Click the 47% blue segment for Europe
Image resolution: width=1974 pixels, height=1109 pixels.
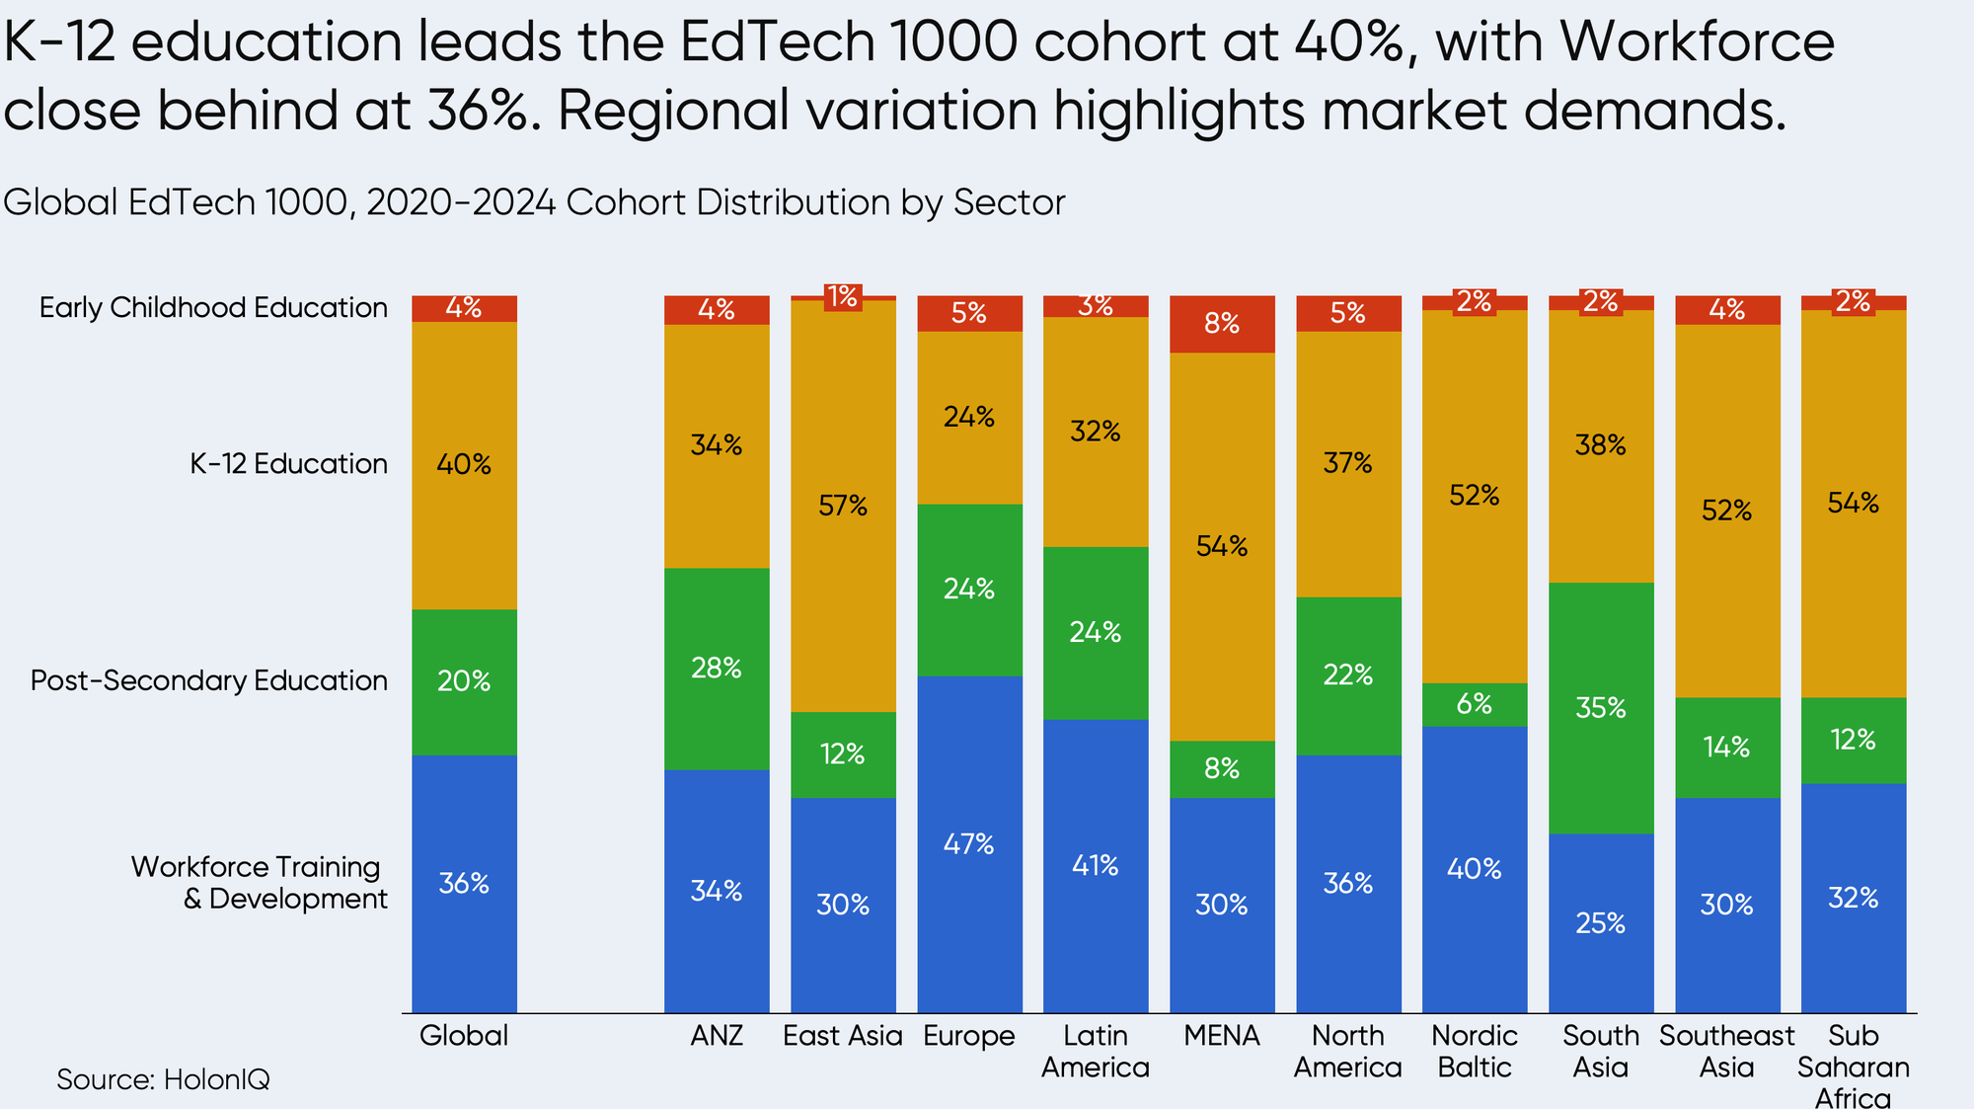click(x=969, y=844)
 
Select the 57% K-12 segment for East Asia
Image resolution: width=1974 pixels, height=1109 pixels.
click(x=843, y=506)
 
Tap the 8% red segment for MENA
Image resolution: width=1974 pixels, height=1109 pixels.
click(x=1222, y=324)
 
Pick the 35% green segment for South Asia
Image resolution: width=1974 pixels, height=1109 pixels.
click(x=1601, y=708)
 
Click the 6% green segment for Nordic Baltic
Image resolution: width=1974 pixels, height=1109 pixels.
click(x=1475, y=704)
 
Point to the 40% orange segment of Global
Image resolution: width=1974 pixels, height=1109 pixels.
click(x=464, y=464)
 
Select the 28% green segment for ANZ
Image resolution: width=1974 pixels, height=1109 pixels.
click(x=717, y=669)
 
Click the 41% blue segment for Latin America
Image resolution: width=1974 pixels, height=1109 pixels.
click(x=1096, y=866)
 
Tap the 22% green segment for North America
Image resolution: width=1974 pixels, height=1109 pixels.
click(x=1348, y=675)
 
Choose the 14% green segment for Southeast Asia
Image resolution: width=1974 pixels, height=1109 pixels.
click(x=1727, y=748)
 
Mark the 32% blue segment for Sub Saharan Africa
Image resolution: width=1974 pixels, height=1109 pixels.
click(x=1854, y=898)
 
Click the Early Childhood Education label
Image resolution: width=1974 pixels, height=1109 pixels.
click(x=213, y=308)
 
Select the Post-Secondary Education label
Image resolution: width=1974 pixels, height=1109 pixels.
click(x=209, y=680)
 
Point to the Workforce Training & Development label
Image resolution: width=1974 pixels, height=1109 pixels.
click(x=259, y=883)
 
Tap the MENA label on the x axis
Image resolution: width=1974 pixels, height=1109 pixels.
click(x=1222, y=1036)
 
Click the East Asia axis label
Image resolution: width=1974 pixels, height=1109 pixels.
click(x=843, y=1036)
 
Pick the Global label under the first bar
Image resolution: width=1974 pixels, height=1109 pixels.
click(x=464, y=1036)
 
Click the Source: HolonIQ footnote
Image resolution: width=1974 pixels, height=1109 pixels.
click(x=163, y=1079)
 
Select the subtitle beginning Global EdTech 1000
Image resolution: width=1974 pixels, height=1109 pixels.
click(x=534, y=202)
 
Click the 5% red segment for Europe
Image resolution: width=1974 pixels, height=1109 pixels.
click(x=969, y=313)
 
